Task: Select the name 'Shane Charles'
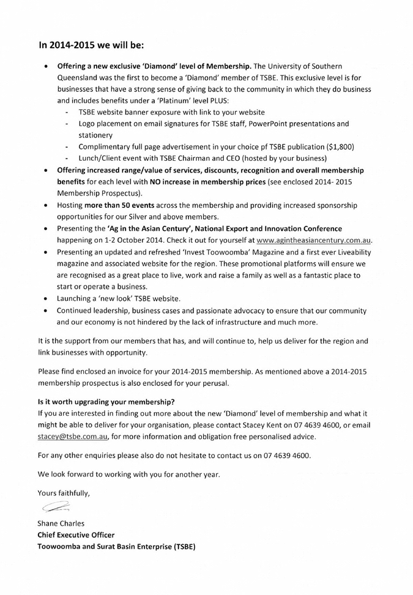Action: pos(61,523)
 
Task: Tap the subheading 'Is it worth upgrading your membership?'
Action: pos(106,402)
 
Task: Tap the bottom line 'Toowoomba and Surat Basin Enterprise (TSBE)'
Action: pos(117,546)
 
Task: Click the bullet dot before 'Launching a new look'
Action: pos(45,299)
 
